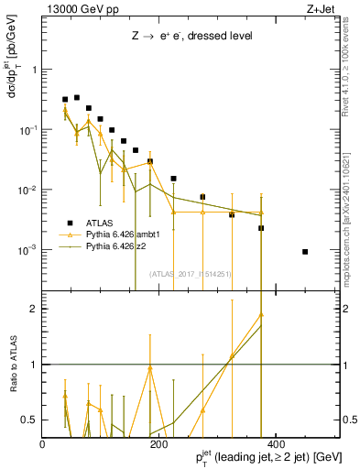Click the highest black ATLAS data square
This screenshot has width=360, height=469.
77,97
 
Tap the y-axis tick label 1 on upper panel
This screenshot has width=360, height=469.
35,70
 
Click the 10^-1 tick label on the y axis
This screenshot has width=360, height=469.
29,129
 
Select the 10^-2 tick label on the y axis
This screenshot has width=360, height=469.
29,190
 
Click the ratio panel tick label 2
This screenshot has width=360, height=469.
35,309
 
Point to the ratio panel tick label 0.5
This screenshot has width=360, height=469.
30,420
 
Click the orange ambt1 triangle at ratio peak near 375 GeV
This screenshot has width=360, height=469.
261,314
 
